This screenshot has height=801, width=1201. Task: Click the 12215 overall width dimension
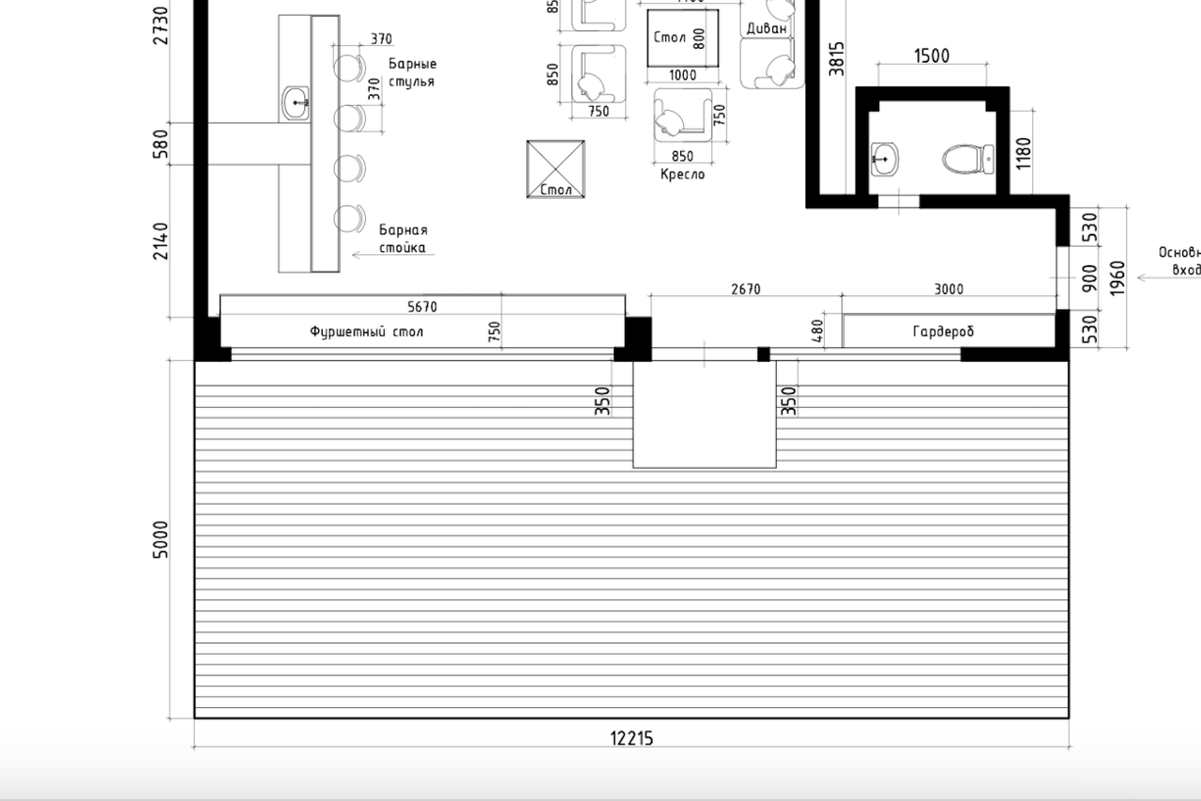click(631, 738)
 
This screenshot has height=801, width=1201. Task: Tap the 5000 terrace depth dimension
click(161, 539)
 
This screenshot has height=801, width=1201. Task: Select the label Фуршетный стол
click(367, 332)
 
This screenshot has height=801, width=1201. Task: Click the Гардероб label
click(943, 332)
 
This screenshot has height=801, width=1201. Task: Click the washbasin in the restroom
click(884, 159)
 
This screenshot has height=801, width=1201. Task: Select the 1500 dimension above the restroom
click(931, 56)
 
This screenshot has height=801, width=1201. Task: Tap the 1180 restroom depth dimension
click(1023, 153)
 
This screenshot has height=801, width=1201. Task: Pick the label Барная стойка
click(403, 239)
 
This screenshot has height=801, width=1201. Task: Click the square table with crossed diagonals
click(555, 169)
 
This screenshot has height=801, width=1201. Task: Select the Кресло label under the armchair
click(682, 174)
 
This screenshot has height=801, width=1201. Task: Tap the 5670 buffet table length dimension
click(421, 307)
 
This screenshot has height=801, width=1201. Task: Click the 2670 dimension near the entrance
click(745, 290)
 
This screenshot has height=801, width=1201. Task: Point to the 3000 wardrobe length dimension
click(949, 290)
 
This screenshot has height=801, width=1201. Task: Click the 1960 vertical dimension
click(1117, 278)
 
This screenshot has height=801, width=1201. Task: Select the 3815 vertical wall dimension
click(837, 57)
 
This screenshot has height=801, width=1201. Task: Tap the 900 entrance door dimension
click(1089, 277)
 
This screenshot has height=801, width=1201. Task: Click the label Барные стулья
click(412, 73)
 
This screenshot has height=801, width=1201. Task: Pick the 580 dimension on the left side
click(161, 144)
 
